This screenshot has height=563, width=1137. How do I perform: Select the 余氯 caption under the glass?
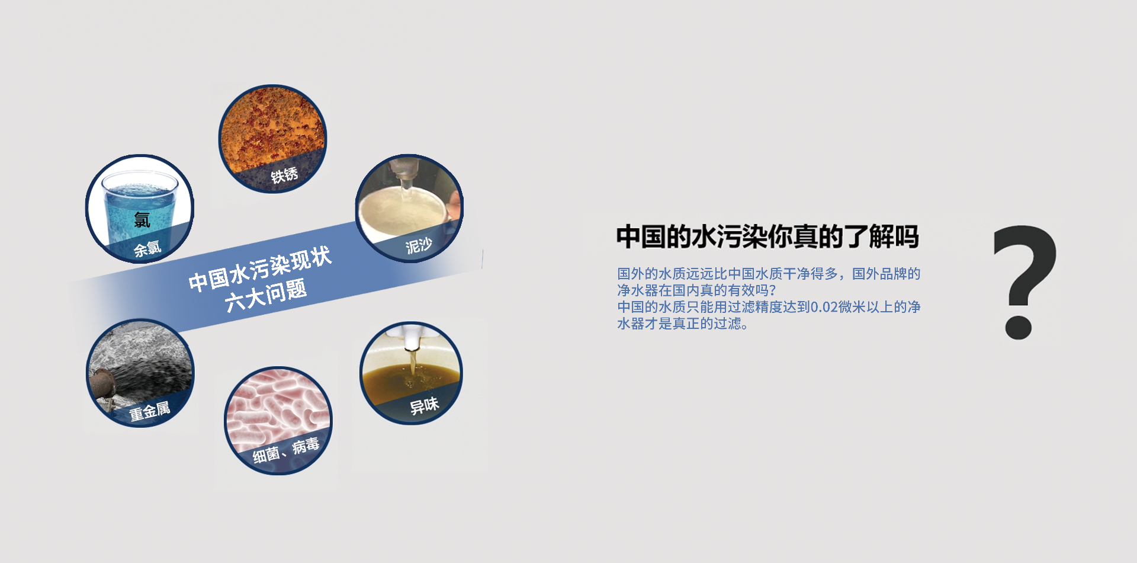point(147,248)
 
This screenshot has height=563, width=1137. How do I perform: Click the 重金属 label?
point(150,411)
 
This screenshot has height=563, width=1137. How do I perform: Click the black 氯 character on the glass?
point(142,220)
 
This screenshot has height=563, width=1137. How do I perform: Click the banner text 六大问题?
point(266,295)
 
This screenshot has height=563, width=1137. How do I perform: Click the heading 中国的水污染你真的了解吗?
point(767,236)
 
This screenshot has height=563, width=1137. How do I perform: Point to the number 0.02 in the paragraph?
point(824,307)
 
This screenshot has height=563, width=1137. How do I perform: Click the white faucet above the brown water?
point(412,336)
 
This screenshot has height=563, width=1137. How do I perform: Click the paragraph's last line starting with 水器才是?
point(683,324)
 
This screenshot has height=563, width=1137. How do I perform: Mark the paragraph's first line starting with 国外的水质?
point(769,274)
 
